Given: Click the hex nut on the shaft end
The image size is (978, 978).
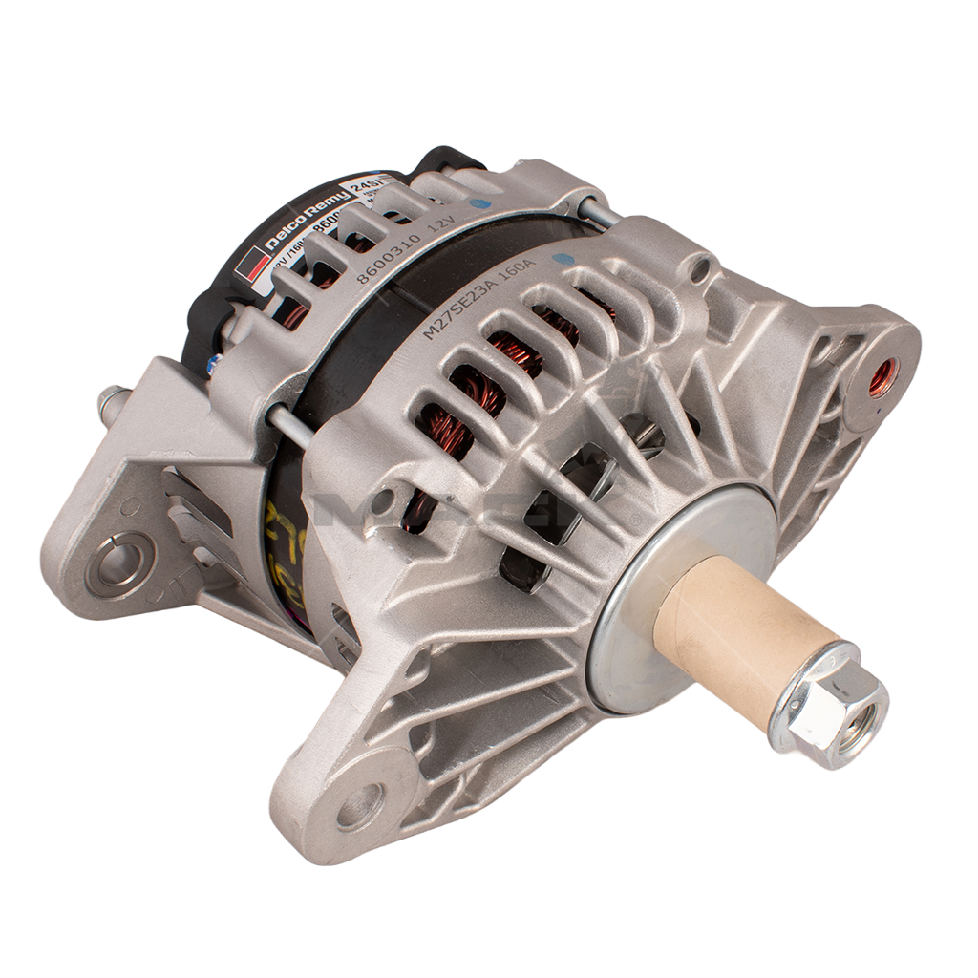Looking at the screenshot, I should point(828,704).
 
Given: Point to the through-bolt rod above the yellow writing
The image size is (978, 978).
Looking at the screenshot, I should point(287,425).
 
